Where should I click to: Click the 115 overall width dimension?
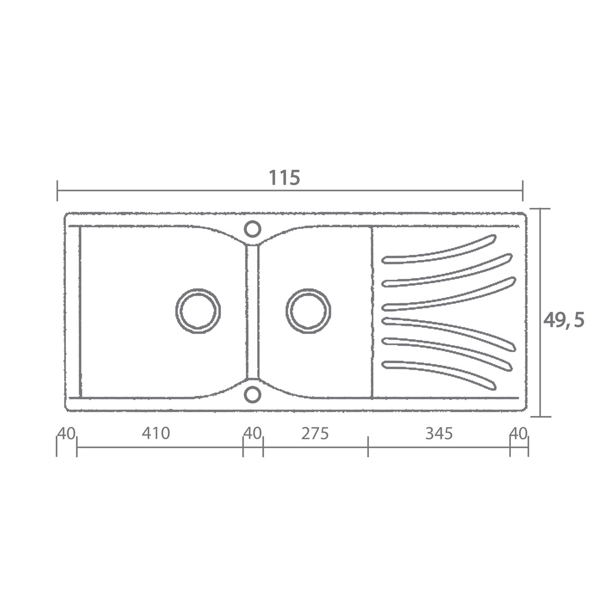click(x=285, y=178)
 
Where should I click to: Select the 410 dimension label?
click(x=156, y=433)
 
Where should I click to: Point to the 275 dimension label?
click(x=315, y=433)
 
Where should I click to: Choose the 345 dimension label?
click(x=439, y=433)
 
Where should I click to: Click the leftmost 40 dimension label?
click(x=66, y=433)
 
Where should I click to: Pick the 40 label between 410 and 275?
click(x=253, y=433)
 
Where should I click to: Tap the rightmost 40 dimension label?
click(x=519, y=433)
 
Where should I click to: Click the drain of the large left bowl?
click(x=198, y=311)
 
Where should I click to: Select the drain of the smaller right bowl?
click(x=309, y=311)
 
